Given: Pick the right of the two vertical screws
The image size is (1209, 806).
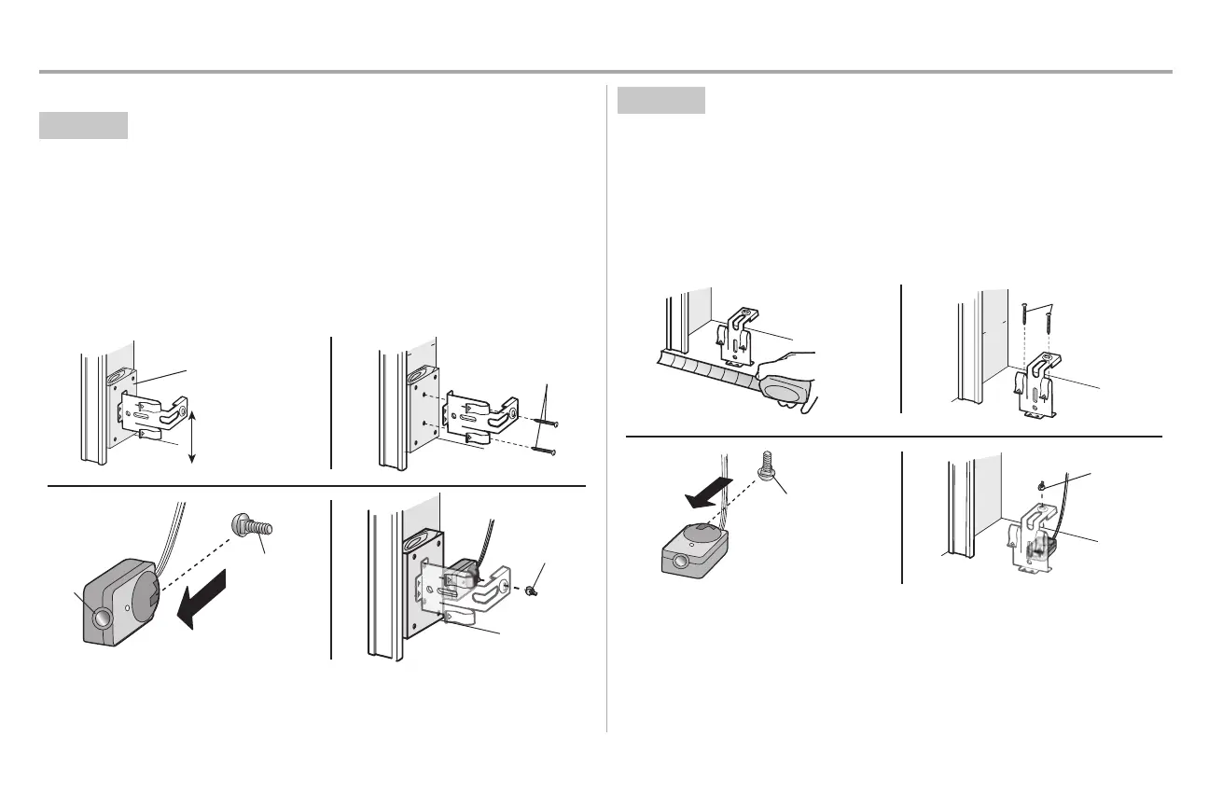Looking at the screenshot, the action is (x=1047, y=328).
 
